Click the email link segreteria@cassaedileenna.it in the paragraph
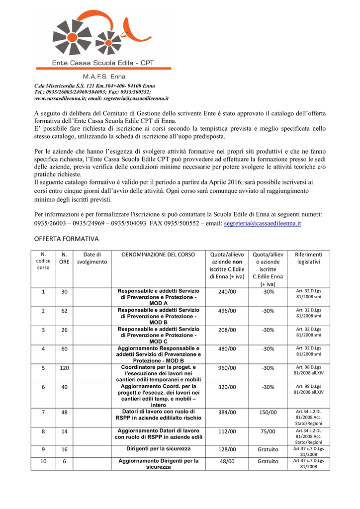click(x=263, y=224)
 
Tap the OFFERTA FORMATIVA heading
click(x=66, y=239)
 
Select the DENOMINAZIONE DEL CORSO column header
click(x=159, y=254)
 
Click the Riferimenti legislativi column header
click(x=308, y=258)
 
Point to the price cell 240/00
click(x=227, y=292)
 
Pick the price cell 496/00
click(x=227, y=311)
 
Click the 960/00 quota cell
click(x=227, y=368)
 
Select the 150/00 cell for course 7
click(x=268, y=412)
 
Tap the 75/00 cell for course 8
click(x=268, y=431)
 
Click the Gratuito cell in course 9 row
click(x=268, y=449)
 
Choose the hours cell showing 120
click(x=64, y=368)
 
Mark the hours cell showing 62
click(x=64, y=311)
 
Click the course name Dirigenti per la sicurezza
click(x=158, y=449)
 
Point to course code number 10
click(x=43, y=461)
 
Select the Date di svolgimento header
click(x=92, y=258)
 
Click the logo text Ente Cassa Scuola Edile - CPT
click(x=103, y=63)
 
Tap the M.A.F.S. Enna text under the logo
click(x=104, y=77)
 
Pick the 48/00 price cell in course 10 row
click(x=227, y=461)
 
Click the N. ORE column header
click(x=64, y=258)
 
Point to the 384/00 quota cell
click(x=227, y=412)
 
